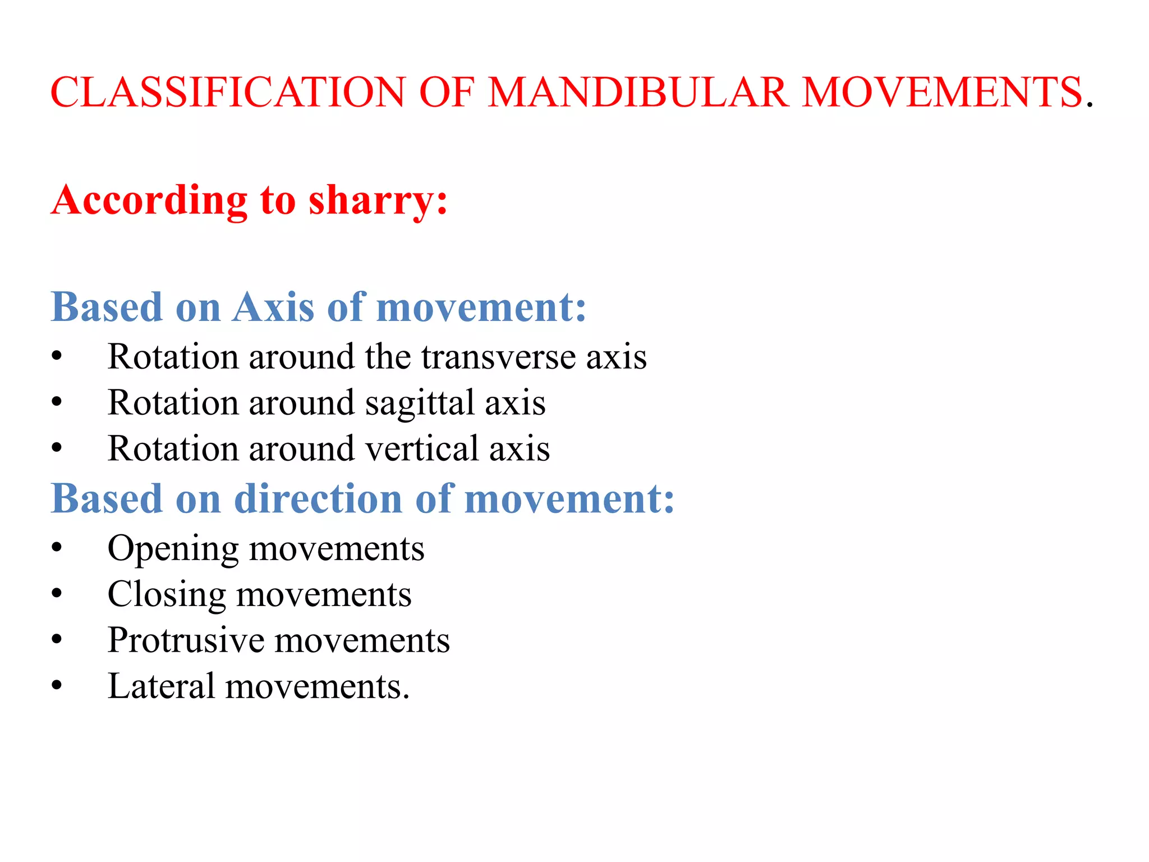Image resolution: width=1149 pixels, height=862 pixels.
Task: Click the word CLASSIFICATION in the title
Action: click(x=227, y=93)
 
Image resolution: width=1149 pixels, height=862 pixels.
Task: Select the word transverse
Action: click(x=499, y=357)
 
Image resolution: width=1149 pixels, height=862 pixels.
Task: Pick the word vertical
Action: click(x=422, y=449)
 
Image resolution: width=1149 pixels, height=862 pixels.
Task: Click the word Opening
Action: click(x=173, y=549)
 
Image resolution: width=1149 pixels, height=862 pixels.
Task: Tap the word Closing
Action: click(x=166, y=595)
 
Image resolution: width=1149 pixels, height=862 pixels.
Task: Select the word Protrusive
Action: click(x=186, y=640)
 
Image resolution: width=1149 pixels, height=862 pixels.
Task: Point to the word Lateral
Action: click(x=162, y=686)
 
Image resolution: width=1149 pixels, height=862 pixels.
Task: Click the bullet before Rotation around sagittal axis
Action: click(x=56, y=402)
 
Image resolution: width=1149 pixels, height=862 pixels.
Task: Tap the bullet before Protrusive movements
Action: click(x=56, y=640)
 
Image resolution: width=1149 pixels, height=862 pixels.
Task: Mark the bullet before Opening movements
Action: click(x=56, y=548)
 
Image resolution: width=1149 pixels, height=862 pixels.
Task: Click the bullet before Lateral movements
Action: click(x=56, y=686)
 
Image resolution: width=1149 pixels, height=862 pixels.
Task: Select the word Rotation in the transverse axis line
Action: click(x=172, y=357)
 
